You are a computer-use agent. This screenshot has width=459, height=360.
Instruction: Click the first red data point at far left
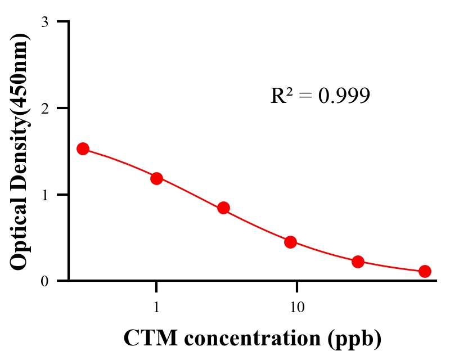click(x=83, y=148)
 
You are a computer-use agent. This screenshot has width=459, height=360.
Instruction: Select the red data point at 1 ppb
click(x=156, y=178)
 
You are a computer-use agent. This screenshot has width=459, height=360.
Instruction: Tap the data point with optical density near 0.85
click(x=223, y=208)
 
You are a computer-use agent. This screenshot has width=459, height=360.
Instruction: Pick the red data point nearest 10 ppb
click(x=290, y=242)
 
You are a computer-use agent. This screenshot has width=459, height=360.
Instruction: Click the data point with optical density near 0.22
click(x=358, y=262)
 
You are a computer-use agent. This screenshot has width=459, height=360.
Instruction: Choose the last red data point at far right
click(x=425, y=271)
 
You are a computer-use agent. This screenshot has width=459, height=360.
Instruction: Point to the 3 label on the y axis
click(x=44, y=22)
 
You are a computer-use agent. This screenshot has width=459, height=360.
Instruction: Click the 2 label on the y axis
click(x=44, y=108)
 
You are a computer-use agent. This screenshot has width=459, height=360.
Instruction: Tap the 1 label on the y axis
click(x=44, y=195)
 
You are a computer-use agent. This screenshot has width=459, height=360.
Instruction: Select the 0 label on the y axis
click(x=44, y=281)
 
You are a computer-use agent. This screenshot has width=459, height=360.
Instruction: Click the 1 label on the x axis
click(x=156, y=307)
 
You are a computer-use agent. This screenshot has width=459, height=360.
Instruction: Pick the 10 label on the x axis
click(x=297, y=307)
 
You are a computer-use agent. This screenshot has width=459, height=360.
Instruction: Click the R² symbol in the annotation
click(x=281, y=96)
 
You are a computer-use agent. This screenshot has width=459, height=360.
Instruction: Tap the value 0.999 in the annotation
click(x=344, y=96)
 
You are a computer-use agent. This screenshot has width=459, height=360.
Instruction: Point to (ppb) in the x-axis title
click(x=356, y=338)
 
